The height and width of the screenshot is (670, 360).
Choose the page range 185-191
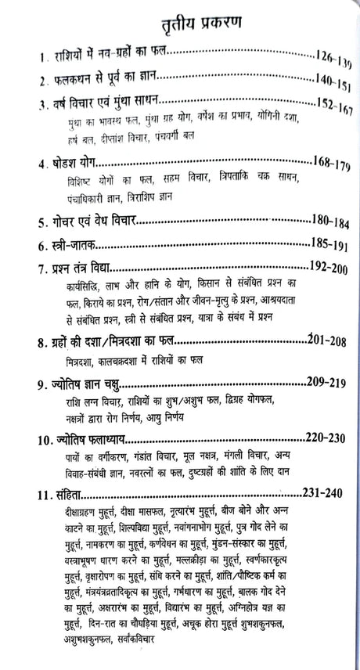329,245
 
